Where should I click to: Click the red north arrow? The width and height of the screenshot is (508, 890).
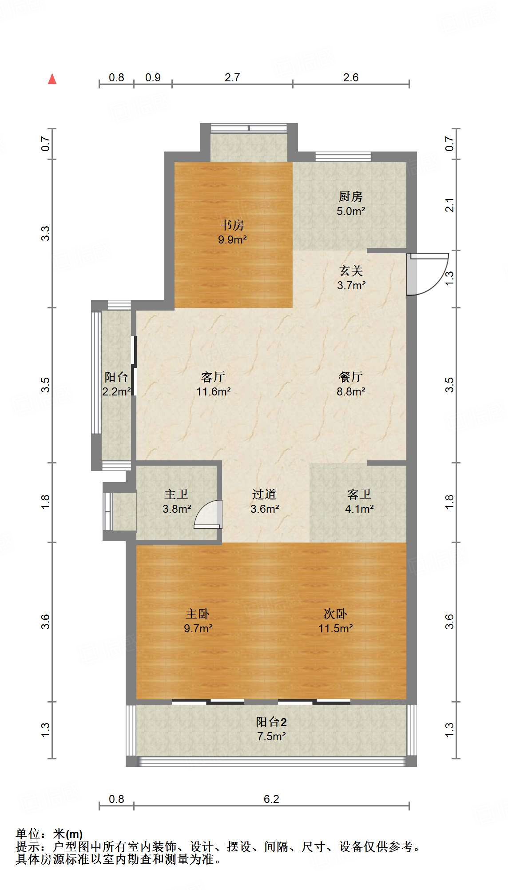point(52,79)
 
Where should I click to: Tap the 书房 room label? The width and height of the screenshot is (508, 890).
point(232,225)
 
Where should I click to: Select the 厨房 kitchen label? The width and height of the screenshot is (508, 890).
point(351,196)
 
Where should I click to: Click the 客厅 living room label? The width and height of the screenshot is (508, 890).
point(213,377)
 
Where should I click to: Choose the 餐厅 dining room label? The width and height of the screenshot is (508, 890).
point(351,377)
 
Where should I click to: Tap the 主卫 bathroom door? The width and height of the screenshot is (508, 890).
point(209,515)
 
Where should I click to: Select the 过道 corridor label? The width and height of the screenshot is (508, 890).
point(264,494)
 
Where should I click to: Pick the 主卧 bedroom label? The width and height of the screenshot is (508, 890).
point(198,614)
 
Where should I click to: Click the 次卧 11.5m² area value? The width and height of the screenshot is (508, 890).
point(335,628)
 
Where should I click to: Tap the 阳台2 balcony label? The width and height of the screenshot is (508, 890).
point(271,722)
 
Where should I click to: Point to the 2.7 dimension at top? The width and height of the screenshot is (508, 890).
point(232,77)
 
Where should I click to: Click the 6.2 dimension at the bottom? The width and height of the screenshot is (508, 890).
point(271,799)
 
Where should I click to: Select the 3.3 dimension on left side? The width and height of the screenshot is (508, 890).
point(46,233)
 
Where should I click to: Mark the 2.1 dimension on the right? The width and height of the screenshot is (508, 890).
point(450,205)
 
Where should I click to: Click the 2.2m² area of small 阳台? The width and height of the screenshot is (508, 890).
point(116,391)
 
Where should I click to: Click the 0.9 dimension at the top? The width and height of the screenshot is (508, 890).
point(153,77)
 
